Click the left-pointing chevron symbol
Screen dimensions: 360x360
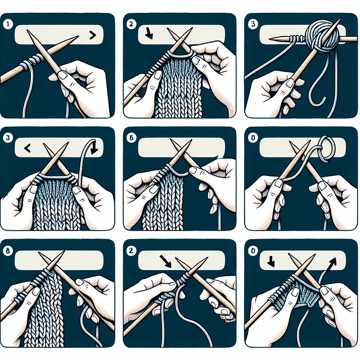pyautogui.click(x=26, y=150)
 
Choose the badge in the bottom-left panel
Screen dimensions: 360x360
pyautogui.click(x=8, y=250)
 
